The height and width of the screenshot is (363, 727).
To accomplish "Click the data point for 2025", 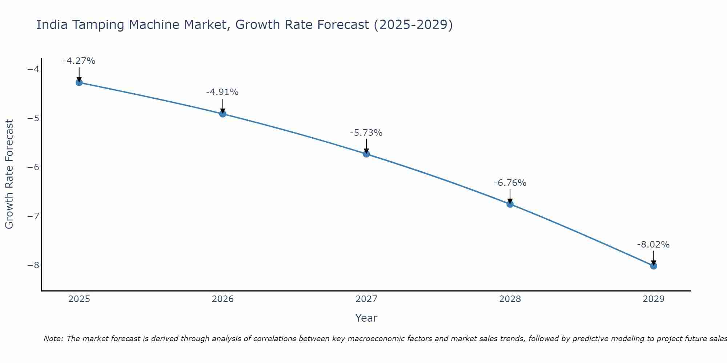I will click(x=79, y=82).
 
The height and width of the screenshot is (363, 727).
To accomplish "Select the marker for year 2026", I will click(x=223, y=114).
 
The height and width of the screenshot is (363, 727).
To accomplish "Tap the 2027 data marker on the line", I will click(x=366, y=154).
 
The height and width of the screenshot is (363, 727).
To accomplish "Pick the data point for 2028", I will click(x=510, y=204).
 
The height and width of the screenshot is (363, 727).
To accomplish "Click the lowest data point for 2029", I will click(x=654, y=266).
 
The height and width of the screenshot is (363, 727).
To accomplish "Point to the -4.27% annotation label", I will click(x=79, y=61).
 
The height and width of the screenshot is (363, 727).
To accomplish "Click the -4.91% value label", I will click(x=222, y=92).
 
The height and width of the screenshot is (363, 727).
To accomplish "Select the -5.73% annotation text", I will click(x=366, y=133).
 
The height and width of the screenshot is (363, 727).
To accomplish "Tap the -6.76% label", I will click(x=510, y=183).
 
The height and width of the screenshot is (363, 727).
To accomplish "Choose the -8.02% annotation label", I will click(x=653, y=245).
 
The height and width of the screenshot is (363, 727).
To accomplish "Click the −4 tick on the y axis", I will click(x=33, y=69).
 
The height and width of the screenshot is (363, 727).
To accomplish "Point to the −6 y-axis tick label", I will click(x=33, y=167).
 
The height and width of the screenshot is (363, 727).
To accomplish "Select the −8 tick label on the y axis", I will click(x=33, y=265).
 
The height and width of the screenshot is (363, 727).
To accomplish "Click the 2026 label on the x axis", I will click(x=223, y=299).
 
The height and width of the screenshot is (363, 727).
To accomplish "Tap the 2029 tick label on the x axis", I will click(x=654, y=299).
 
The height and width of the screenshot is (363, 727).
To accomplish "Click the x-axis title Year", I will click(x=366, y=318).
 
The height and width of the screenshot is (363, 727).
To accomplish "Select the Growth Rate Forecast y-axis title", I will click(x=9, y=174).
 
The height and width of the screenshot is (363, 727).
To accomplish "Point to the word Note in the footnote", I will click(x=53, y=339).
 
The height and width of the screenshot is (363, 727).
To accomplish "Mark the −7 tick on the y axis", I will click(x=33, y=216).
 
